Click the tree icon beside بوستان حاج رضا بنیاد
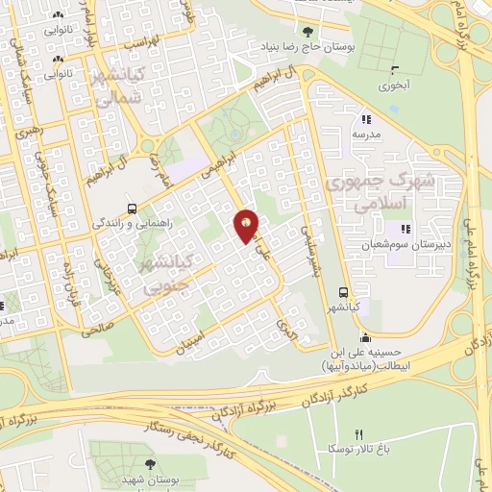tap(307, 31)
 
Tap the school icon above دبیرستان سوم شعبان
tap(405, 230)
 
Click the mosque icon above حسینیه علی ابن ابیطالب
tap(364, 337)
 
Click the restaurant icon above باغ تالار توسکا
tap(358, 436)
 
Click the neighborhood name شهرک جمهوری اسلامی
tap(381, 192)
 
